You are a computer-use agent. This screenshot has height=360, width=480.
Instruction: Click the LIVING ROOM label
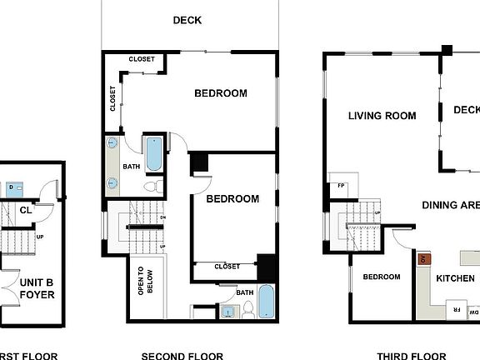(x=382, y=116)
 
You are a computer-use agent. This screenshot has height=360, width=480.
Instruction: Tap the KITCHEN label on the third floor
(x=455, y=278)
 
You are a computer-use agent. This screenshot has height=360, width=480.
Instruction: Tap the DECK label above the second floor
(x=187, y=20)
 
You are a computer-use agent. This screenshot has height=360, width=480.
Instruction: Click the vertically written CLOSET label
(x=113, y=98)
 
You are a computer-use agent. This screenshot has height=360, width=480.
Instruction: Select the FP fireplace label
(x=341, y=186)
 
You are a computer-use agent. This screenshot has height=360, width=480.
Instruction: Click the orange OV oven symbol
(x=422, y=259)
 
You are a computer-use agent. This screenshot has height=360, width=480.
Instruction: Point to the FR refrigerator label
(x=456, y=309)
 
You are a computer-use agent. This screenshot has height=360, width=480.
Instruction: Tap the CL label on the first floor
(x=26, y=211)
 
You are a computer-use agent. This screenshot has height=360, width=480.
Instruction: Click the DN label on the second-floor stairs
(x=162, y=218)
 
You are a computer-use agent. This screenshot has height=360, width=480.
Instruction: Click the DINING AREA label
(x=450, y=205)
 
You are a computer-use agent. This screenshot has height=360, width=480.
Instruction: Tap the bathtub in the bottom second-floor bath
(x=265, y=302)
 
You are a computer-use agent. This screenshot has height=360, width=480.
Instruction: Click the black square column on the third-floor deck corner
(x=447, y=50)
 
